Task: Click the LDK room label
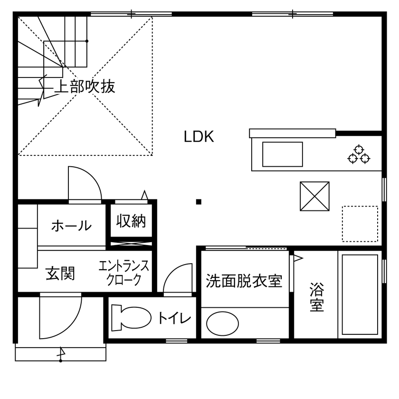click(199, 137)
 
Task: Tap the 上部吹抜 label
click(85, 87)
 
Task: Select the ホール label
click(71, 225)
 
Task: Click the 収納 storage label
click(131, 221)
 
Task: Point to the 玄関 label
click(60, 274)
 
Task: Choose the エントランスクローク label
click(124, 273)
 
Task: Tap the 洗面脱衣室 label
click(244, 281)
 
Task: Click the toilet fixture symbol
click(129, 318)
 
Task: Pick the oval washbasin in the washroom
click(222, 323)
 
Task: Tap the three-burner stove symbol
click(359, 153)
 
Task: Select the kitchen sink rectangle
click(282, 154)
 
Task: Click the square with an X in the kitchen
click(314, 196)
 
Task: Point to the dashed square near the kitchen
click(360, 223)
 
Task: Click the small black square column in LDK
click(199, 202)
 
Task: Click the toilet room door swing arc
click(177, 279)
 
